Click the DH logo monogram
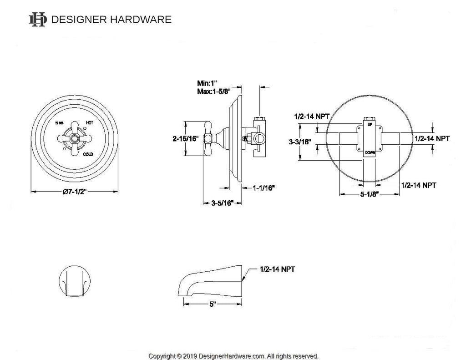pyautogui.click(x=38, y=19)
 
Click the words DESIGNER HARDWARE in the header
pyautogui.click(x=111, y=20)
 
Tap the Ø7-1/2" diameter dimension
pyautogui.click(x=75, y=193)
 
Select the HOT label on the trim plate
pyautogui.click(x=89, y=123)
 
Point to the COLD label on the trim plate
pyautogui.click(x=88, y=154)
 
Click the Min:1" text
pyautogui.click(x=208, y=83)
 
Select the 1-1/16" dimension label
pyautogui.click(x=263, y=188)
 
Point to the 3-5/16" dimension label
pyautogui.click(x=222, y=203)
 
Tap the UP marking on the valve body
pyautogui.click(x=370, y=124)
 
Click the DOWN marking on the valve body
pyautogui.click(x=370, y=153)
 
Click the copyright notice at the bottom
pyautogui.click(x=233, y=356)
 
